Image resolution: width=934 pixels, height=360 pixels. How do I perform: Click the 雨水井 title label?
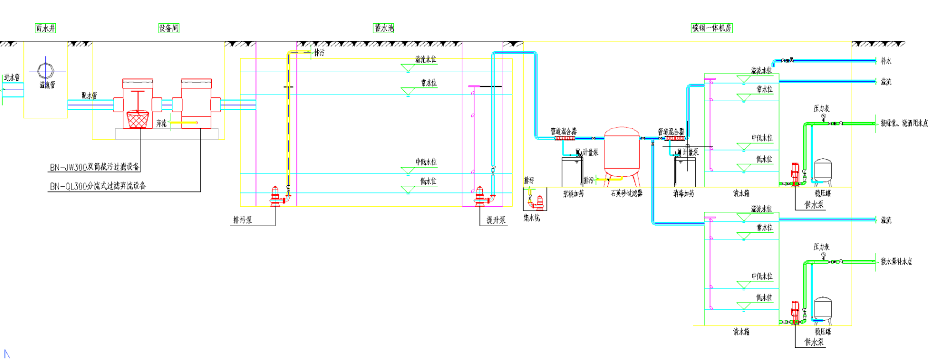45,28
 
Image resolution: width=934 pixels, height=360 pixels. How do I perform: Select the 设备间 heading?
169,28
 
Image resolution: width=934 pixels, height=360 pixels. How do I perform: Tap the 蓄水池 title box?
384,28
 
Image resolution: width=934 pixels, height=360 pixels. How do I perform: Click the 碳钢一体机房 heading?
712,28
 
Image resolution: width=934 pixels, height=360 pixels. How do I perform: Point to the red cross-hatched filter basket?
138,119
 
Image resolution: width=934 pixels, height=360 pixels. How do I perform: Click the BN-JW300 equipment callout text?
95,167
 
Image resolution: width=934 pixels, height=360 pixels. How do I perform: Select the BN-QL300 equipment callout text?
98,186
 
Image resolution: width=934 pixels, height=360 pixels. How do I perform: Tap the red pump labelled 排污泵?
275,196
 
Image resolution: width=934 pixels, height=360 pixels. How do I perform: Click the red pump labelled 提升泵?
480,195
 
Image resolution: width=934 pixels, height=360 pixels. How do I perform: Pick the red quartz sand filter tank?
622,149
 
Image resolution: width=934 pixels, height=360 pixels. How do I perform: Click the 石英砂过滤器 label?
627,194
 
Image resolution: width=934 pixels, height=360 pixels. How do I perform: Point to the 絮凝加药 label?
573,194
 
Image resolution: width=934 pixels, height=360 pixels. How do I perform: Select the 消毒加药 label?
683,194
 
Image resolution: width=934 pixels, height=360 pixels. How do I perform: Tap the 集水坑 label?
531,218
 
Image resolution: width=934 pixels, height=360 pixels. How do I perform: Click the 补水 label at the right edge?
886,61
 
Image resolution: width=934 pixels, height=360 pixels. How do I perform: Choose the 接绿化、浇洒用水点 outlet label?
904,123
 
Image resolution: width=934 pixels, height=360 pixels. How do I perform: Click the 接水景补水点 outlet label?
896,261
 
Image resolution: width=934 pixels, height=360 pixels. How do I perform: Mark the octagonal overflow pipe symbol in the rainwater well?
46,70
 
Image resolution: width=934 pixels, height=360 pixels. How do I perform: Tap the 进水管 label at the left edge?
12,77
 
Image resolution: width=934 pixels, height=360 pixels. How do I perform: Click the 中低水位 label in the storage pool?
426,162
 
